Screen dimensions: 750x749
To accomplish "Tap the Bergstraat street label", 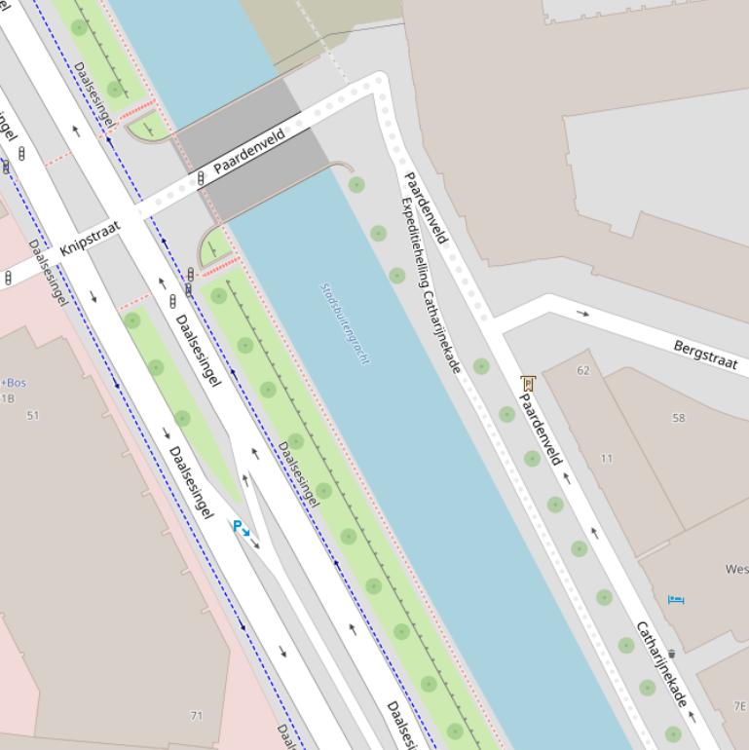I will (x=704, y=354).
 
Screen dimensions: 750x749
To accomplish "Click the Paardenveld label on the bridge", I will (x=249, y=151).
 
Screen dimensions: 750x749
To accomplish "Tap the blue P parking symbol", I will (x=240, y=527).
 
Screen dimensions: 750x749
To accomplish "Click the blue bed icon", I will (x=676, y=599).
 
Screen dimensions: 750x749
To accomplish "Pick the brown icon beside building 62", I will (x=528, y=384).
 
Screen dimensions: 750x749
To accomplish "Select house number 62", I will (x=583, y=370).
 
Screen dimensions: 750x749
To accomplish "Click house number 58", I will (x=678, y=418).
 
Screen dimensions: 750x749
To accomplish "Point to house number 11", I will (x=607, y=458).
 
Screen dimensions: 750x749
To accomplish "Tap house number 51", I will (x=33, y=416).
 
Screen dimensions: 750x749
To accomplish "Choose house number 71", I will (x=197, y=716).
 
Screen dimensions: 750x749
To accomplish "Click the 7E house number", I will (x=740, y=706).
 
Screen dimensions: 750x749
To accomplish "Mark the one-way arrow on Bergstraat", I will (x=582, y=314).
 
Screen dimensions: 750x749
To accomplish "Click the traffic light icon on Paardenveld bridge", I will (x=201, y=178).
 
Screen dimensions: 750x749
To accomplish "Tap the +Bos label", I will (x=14, y=383).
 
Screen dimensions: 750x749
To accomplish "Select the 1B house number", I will (x=8, y=398).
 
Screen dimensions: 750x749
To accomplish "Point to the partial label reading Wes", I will (x=736, y=569).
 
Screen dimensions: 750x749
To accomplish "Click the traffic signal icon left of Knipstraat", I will (x=9, y=278).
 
